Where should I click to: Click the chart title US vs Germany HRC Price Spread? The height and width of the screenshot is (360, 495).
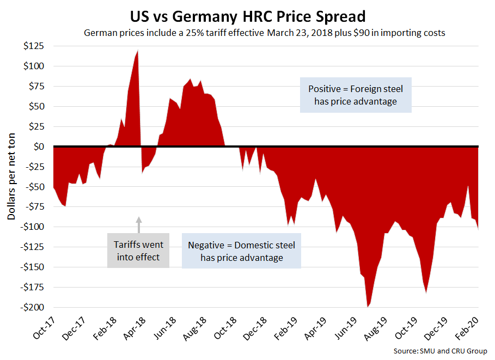[248, 14]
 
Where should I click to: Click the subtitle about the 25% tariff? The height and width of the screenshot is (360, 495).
[265, 33]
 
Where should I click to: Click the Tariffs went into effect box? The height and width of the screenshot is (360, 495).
[138, 251]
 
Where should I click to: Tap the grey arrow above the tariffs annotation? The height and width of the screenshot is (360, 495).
[138, 223]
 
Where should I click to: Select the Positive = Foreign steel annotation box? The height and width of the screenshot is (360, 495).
[356, 95]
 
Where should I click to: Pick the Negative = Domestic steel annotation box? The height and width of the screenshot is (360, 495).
[242, 251]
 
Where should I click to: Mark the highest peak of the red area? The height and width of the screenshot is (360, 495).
[137, 51]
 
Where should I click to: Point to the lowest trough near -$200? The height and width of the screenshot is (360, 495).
[368, 307]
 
